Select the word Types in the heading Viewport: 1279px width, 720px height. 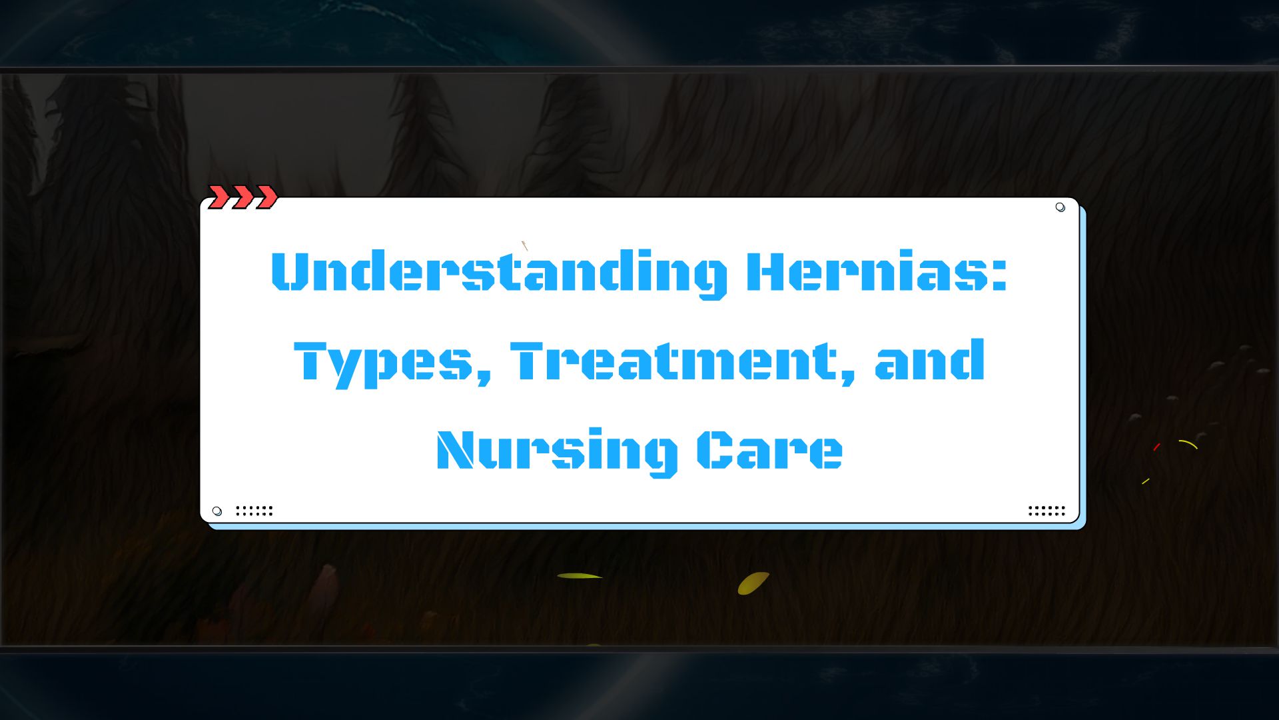[x=383, y=362]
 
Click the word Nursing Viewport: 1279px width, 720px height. [x=557, y=451]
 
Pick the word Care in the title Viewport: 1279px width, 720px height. [x=769, y=450]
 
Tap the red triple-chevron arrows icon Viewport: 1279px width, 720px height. [x=242, y=197]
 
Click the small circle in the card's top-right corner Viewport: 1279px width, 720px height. [x=1060, y=207]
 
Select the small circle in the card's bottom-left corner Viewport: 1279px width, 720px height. [x=216, y=511]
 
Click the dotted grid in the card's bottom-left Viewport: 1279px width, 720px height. [x=254, y=511]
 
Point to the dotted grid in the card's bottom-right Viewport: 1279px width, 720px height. [x=1047, y=511]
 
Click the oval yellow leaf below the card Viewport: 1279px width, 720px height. [x=753, y=583]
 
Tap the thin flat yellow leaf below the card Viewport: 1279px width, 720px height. [x=579, y=576]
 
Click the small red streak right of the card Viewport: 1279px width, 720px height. [x=1156, y=447]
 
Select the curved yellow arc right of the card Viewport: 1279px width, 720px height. [x=1188, y=443]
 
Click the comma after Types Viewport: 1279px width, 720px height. [x=484, y=375]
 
